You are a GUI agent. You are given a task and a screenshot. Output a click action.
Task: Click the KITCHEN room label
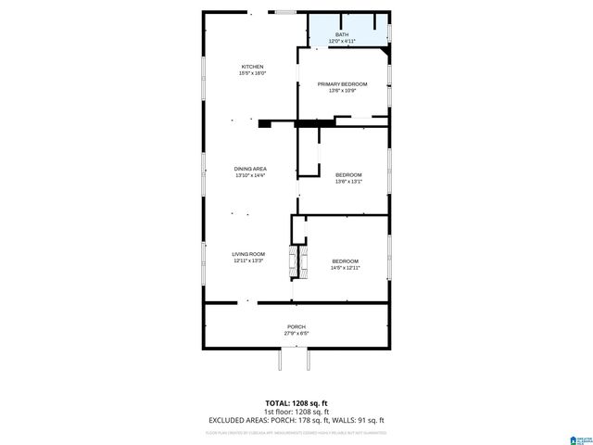(253, 67)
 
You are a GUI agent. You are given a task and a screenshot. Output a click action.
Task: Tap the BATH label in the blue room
(342, 34)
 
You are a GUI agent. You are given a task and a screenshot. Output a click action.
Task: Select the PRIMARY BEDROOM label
(342, 83)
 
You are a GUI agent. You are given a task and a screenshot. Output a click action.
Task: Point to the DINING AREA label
(250, 168)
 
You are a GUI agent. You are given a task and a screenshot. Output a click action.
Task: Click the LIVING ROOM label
(248, 254)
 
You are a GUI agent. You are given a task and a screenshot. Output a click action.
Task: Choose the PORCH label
(296, 326)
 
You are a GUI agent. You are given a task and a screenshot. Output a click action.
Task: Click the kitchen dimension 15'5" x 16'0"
(253, 74)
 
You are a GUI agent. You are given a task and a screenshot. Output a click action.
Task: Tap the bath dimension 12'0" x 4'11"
(342, 42)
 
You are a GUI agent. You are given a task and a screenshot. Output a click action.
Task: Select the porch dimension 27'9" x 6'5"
(296, 334)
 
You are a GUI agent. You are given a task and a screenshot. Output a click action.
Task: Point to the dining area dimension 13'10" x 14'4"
(250, 175)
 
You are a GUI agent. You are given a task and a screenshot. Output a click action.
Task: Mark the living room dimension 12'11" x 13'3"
(248, 261)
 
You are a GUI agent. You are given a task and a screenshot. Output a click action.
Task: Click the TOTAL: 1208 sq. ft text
(296, 403)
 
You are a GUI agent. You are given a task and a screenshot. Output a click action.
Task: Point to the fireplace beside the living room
(298, 262)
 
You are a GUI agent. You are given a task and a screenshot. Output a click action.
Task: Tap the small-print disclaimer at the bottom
(296, 432)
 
